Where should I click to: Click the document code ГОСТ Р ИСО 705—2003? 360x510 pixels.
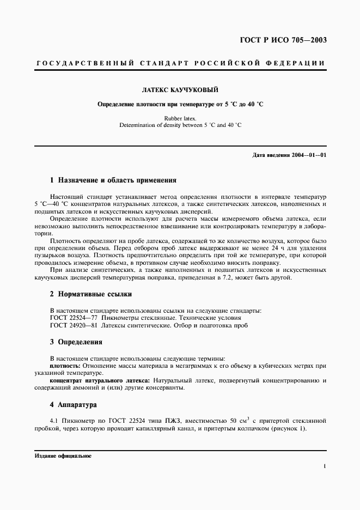tap(284, 40)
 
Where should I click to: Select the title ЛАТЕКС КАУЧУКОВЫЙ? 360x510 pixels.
tap(180, 90)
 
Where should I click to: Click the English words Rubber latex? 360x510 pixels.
tap(180, 118)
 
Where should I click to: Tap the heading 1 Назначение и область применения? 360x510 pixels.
tap(113, 180)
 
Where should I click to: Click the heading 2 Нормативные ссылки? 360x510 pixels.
tap(91, 294)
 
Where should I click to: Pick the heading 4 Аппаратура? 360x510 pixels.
tap(74, 405)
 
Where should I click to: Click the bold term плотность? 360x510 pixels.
tap(65, 366)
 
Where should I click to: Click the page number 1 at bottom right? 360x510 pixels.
tap(324, 466)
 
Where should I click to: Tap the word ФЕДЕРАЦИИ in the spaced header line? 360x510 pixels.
tap(298, 63)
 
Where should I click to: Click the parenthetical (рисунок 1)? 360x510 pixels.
tap(288, 428)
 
